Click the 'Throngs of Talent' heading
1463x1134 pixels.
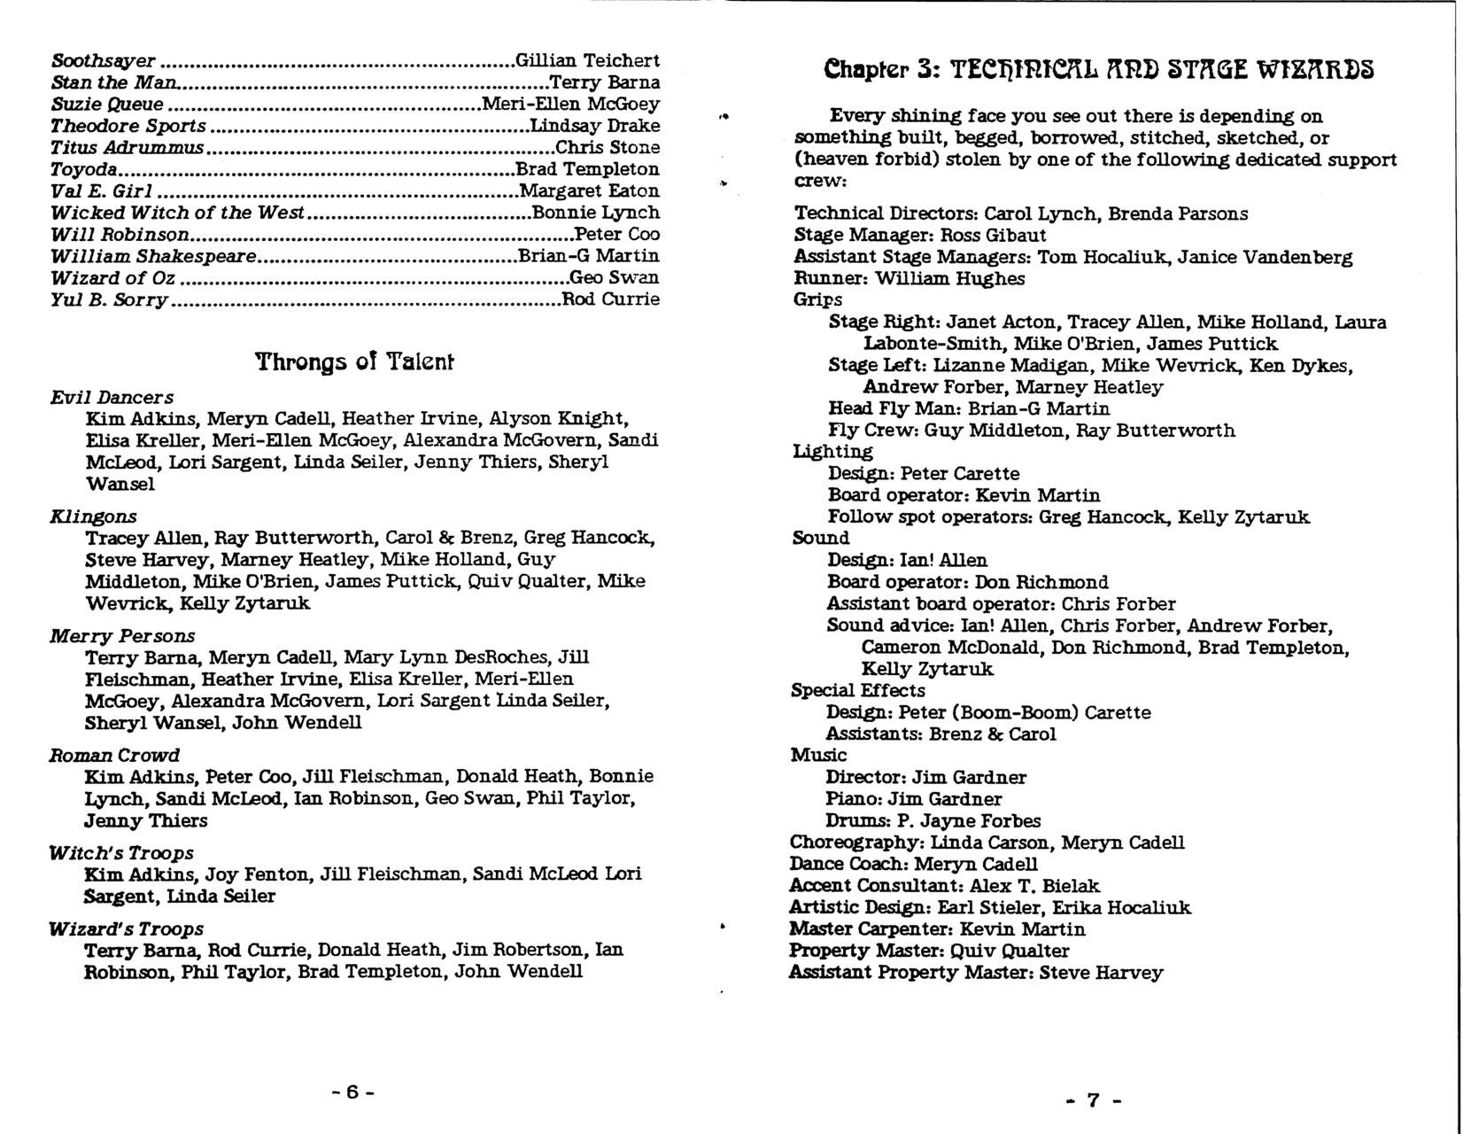354,361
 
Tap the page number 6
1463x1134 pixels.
353,1091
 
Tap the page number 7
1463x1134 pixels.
1093,1100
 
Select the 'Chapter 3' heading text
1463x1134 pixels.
1098,69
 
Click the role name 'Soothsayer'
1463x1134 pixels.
103,60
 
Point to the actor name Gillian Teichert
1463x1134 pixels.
587,60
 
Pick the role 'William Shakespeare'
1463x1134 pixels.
153,256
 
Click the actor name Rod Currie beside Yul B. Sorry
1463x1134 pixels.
611,299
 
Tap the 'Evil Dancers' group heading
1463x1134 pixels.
112,397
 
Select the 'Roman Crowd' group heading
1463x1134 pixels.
114,755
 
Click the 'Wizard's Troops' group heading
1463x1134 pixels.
126,928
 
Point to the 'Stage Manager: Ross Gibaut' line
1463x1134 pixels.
919,235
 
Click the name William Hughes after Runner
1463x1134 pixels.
950,278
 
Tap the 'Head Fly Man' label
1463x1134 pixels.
894,408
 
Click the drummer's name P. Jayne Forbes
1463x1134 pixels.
969,820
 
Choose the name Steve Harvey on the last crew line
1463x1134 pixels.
1101,972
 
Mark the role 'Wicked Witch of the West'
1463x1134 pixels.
177,213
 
